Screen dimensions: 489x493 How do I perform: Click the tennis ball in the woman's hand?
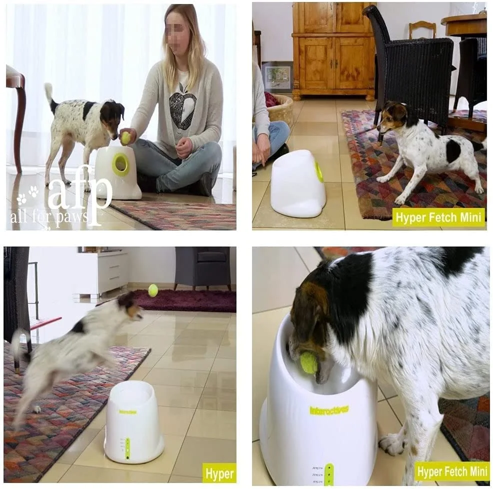click(126, 137)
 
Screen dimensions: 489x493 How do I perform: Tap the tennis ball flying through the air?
click(153, 290)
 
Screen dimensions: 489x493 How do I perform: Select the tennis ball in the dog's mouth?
click(308, 362)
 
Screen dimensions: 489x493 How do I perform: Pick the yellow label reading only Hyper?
click(219, 472)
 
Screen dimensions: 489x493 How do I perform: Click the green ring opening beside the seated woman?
click(120, 164)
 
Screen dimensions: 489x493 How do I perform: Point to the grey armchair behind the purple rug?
click(203, 267)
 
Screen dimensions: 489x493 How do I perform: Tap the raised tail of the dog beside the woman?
click(49, 92)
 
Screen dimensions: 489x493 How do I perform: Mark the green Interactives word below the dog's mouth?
click(329, 410)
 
